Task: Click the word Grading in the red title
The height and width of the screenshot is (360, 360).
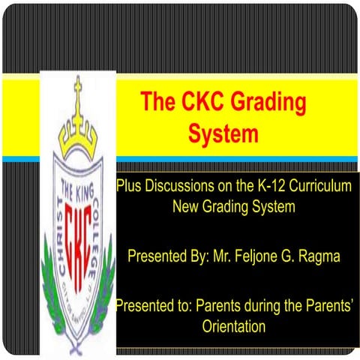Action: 252,103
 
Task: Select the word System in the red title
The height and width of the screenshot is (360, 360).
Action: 223,134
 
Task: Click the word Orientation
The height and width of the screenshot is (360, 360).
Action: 234,327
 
